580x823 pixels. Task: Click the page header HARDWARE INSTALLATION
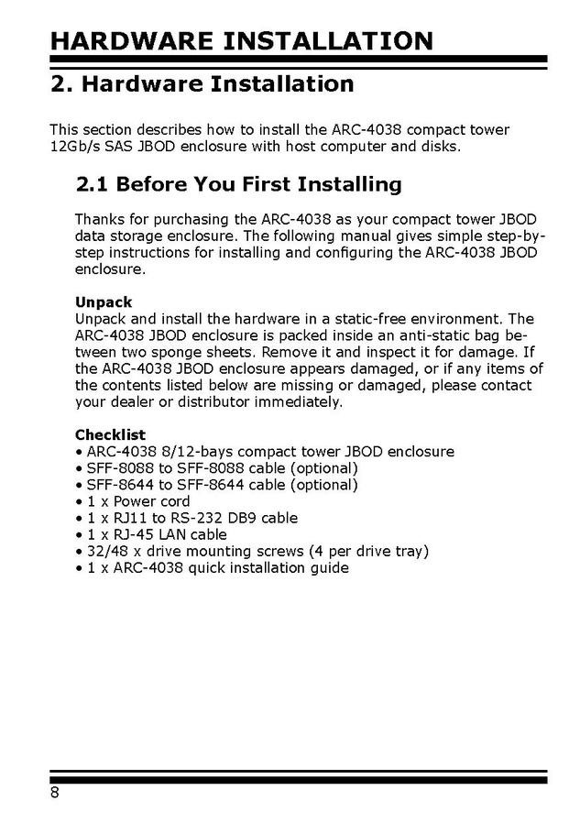point(241,40)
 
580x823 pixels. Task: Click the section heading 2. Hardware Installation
point(202,85)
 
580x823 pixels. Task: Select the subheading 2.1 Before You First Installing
point(238,184)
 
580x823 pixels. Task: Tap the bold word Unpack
point(104,302)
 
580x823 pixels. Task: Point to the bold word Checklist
point(110,434)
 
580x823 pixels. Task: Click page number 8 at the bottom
point(55,793)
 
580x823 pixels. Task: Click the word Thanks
point(99,219)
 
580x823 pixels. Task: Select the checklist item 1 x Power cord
point(138,501)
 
